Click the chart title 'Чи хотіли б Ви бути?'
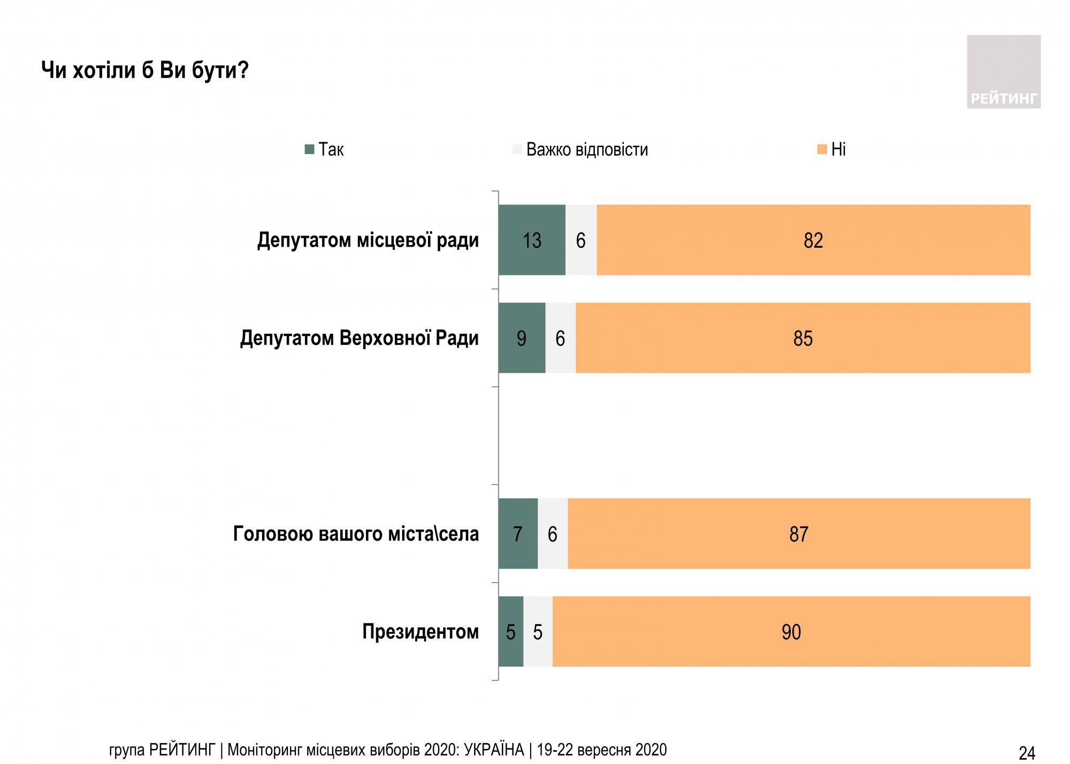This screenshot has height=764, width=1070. click(x=145, y=70)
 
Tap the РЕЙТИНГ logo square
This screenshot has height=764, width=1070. click(x=1003, y=72)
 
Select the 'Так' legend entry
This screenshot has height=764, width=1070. click(x=324, y=149)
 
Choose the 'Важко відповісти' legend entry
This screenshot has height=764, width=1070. click(x=580, y=149)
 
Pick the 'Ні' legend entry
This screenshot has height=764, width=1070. click(x=831, y=149)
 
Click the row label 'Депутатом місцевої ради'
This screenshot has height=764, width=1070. click(x=368, y=240)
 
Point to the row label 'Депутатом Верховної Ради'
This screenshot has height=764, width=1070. click(x=359, y=338)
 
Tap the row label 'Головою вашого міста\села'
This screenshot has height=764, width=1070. click(x=356, y=534)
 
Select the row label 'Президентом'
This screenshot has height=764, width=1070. click(x=421, y=632)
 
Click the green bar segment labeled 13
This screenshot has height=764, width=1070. click(x=532, y=240)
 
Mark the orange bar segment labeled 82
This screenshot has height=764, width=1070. click(x=813, y=240)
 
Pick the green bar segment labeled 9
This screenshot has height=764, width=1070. click(x=522, y=338)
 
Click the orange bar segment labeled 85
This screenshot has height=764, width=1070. click(x=802, y=338)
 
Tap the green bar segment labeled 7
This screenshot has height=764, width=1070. click(x=518, y=534)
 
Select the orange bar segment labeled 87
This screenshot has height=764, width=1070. click(x=799, y=534)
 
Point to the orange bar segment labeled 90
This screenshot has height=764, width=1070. click(x=791, y=632)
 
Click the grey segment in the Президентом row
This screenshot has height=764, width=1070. click(x=538, y=632)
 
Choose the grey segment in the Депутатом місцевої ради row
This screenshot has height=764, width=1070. click(x=581, y=240)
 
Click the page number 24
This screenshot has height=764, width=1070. click(x=1027, y=753)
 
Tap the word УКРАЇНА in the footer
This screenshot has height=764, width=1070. click(x=494, y=750)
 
